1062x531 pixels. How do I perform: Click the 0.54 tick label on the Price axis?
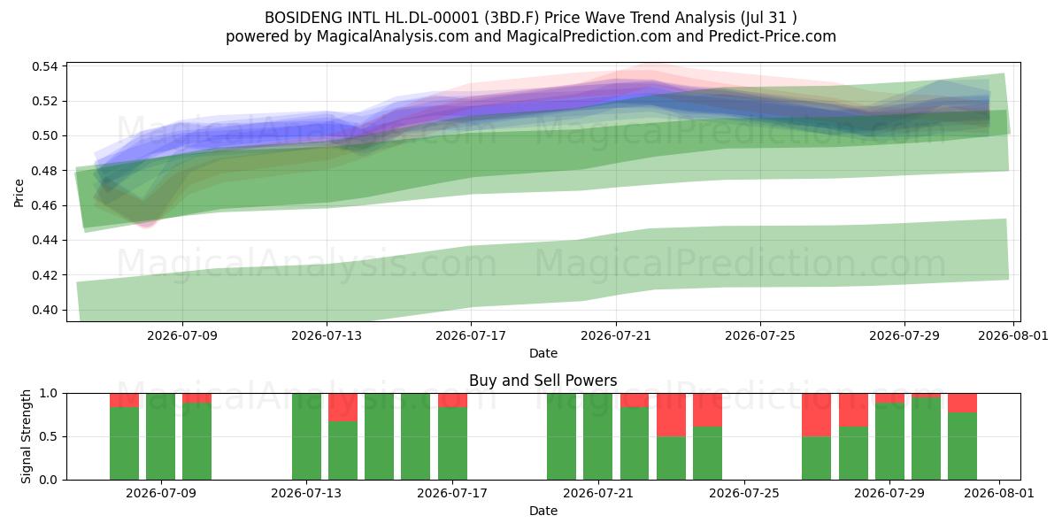(x=44, y=66)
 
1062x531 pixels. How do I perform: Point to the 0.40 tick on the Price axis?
(x=44, y=310)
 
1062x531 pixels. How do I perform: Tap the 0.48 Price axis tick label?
(x=44, y=171)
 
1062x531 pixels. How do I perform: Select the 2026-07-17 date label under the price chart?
(x=471, y=335)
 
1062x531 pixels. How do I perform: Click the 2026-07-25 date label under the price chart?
(x=760, y=335)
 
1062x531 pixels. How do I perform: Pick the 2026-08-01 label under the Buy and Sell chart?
(x=999, y=493)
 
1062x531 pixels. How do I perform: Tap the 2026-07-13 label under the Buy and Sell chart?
(x=306, y=493)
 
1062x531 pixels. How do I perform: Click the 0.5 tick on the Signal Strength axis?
(x=48, y=436)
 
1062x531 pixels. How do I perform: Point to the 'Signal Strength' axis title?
(x=26, y=436)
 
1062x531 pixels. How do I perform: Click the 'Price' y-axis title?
(x=19, y=193)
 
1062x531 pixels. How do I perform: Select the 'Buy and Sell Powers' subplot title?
(x=543, y=381)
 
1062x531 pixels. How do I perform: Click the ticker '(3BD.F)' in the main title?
(x=512, y=18)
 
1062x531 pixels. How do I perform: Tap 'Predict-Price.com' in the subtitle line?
(x=773, y=36)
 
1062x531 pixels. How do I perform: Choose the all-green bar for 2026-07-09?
(x=160, y=436)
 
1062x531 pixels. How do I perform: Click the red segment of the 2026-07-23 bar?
(x=671, y=415)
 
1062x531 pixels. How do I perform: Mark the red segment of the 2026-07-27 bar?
(x=816, y=415)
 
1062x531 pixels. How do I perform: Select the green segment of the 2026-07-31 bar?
(x=963, y=446)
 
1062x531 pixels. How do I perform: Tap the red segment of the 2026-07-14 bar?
(x=342, y=407)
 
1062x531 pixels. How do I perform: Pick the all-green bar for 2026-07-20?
(x=561, y=436)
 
